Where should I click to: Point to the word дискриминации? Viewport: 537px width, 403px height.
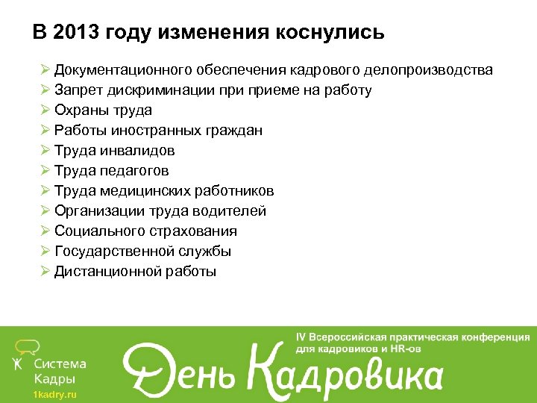pos(157,90)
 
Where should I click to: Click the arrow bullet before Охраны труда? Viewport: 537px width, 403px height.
pos(45,110)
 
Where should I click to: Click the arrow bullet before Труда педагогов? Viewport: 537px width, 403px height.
pos(45,171)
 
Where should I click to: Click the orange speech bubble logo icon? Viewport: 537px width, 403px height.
pos(28,346)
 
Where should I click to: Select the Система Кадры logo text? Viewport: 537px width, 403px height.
pos(60,371)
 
